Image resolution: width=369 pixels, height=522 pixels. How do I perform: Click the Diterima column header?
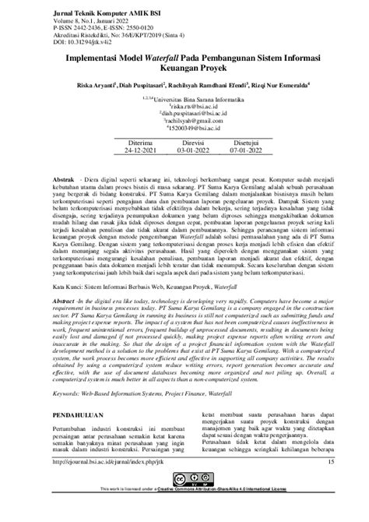click(x=128, y=167)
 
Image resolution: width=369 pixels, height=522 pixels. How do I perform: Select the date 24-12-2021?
click(x=128, y=175)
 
